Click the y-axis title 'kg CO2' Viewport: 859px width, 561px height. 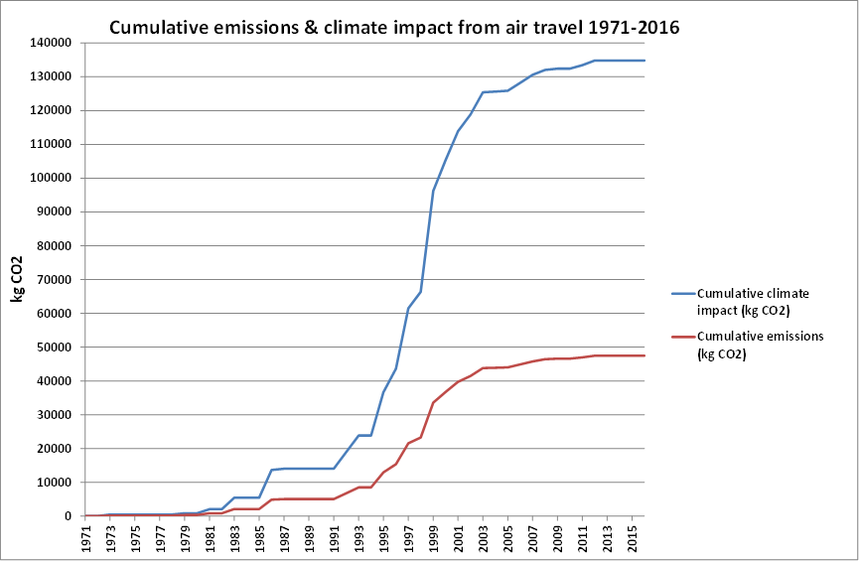coord(17,279)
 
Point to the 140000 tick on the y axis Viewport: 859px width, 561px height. coord(51,43)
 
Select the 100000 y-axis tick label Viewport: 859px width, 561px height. coord(51,178)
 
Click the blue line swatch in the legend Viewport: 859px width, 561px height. coord(682,294)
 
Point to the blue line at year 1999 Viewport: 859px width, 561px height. coord(433,191)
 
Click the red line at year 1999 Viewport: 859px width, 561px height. coord(433,402)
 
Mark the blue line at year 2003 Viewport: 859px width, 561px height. coord(483,92)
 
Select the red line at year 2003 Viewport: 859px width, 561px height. coord(483,368)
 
